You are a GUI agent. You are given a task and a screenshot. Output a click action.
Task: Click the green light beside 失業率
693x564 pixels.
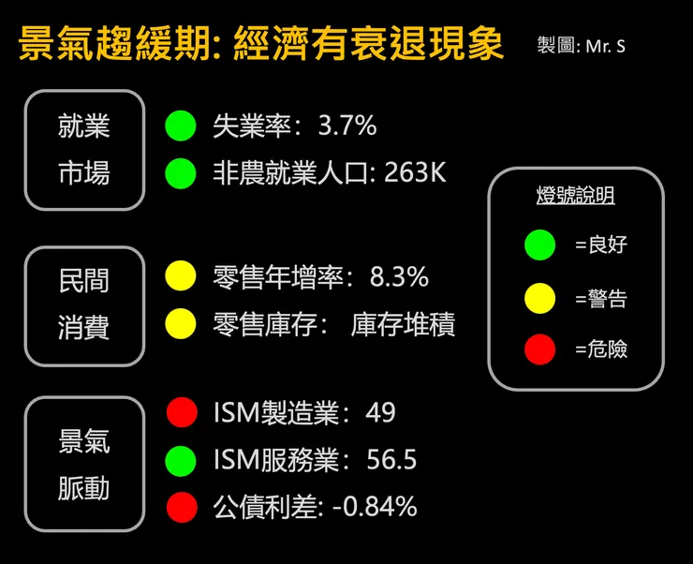pyautogui.click(x=181, y=126)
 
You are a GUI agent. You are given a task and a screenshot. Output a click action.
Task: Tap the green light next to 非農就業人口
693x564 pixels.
pyautogui.click(x=181, y=173)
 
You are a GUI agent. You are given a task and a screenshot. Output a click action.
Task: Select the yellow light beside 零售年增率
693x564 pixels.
pyautogui.click(x=181, y=276)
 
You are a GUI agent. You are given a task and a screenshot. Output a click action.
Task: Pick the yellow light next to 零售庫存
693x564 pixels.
pyautogui.click(x=181, y=324)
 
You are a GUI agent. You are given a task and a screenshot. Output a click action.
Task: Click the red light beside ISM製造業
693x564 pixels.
pyautogui.click(x=181, y=412)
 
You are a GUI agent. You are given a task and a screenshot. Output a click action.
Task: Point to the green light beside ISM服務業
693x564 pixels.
pyautogui.click(x=181, y=460)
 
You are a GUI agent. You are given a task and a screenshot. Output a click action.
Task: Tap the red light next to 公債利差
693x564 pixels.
pyautogui.click(x=181, y=508)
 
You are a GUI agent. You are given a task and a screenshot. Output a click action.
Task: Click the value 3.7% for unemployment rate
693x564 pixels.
pyautogui.click(x=346, y=126)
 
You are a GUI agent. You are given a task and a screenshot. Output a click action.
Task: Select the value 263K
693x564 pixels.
pyautogui.click(x=415, y=173)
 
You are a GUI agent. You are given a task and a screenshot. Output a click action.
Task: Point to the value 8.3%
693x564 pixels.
pyautogui.click(x=399, y=276)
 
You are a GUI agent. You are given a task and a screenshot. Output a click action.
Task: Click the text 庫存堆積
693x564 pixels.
pyautogui.click(x=403, y=324)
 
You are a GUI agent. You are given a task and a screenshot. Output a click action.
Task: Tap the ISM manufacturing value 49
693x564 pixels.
pyautogui.click(x=381, y=412)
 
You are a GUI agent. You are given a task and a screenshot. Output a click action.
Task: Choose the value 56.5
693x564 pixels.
pyautogui.click(x=392, y=460)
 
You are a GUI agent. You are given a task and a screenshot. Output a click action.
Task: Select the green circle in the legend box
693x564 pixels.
pyautogui.click(x=540, y=245)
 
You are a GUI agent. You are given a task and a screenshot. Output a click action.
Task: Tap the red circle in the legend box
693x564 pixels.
pyautogui.click(x=540, y=350)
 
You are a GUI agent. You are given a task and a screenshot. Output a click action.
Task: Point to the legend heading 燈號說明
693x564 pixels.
pyautogui.click(x=575, y=196)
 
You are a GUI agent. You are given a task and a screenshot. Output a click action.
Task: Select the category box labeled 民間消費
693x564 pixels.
pyautogui.click(x=84, y=305)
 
